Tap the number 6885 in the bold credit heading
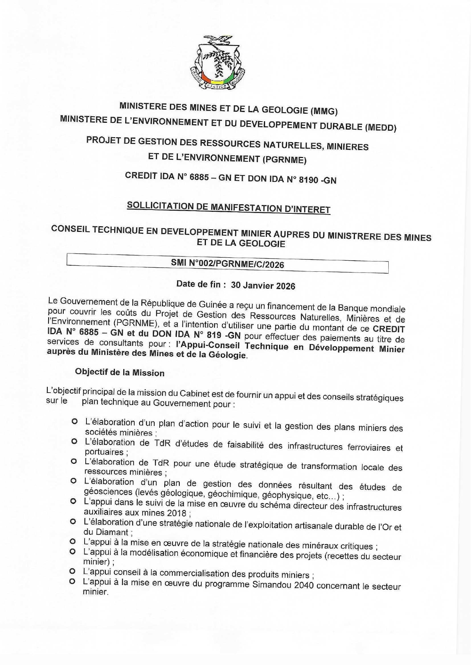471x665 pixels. [199, 177]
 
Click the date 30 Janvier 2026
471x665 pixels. [263, 285]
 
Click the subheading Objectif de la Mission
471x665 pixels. [120, 372]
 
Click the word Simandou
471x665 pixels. [271, 584]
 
